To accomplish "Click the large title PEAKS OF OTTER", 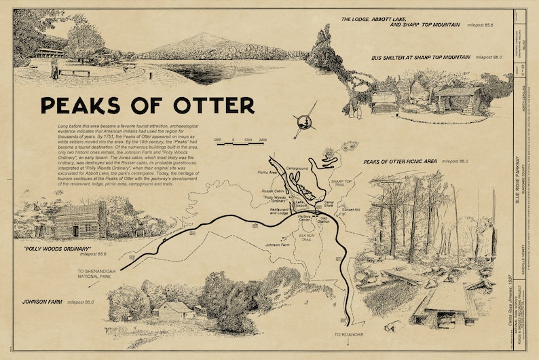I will (x=147, y=106).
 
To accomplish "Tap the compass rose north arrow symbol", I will (x=305, y=119).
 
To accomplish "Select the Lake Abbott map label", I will (x=303, y=204).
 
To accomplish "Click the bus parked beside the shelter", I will (x=384, y=102).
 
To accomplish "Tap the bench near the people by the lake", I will (x=75, y=72).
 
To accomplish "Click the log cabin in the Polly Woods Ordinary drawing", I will (x=77, y=221).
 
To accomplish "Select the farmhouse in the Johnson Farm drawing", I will (x=174, y=310).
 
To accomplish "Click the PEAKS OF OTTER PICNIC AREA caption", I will (x=401, y=162).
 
